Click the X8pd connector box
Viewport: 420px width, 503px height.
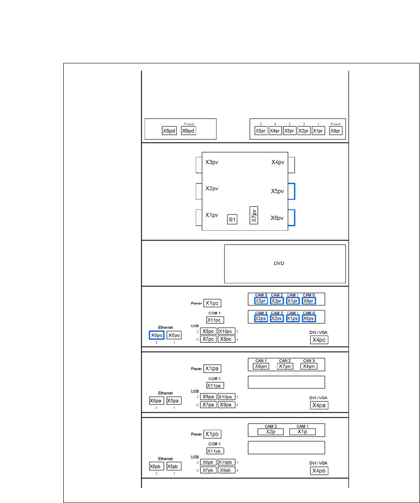[x=169, y=130]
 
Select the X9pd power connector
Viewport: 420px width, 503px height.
[x=189, y=130]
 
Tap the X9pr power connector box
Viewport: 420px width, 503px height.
[x=335, y=130]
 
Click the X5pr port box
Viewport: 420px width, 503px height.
[x=261, y=130]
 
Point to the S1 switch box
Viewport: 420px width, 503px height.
[x=232, y=219]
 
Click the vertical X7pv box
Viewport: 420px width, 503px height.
[x=253, y=216]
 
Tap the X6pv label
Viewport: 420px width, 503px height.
[x=277, y=218]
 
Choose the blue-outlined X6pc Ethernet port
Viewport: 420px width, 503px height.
[x=156, y=335]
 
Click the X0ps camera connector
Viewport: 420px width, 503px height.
[x=309, y=319]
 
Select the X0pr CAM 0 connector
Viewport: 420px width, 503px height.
[x=309, y=301]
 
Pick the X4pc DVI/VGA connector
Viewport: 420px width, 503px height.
[x=319, y=340]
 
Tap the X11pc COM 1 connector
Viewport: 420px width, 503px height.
[x=215, y=320]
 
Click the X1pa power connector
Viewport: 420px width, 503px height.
[x=213, y=369]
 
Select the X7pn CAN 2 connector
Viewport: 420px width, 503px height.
[x=285, y=366]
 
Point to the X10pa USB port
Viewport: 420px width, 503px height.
[x=226, y=396]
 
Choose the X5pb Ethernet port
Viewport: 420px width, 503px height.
[x=174, y=466]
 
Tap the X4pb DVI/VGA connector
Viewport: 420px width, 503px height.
[x=319, y=471]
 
